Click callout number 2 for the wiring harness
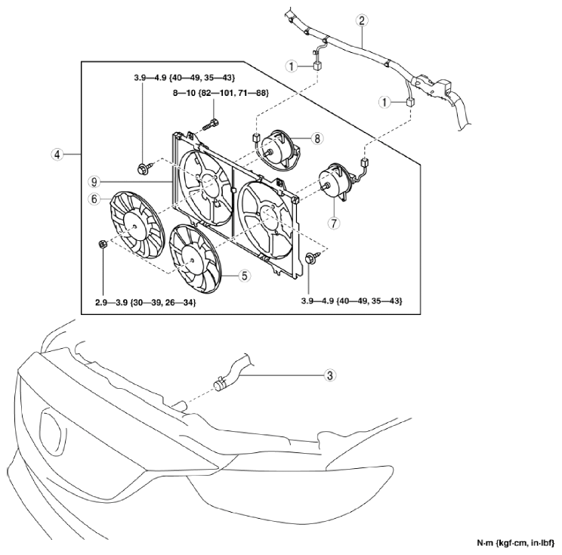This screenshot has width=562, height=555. tap(362, 20)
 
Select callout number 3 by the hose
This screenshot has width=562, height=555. tap(330, 375)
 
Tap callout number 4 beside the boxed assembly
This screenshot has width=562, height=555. tap(57, 155)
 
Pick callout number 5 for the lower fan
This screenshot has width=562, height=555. tap(245, 276)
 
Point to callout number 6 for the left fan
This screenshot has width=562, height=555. tap(94, 199)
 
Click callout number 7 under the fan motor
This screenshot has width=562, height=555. tap(334, 224)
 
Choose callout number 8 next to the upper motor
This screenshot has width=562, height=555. tap(317, 138)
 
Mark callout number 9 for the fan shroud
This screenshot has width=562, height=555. tap(94, 182)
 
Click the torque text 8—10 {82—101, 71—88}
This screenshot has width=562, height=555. tap(221, 93)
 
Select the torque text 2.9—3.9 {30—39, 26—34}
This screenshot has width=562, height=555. tap(146, 303)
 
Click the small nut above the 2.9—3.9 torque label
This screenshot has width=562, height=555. tap(102, 245)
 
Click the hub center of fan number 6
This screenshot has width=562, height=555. tap(134, 226)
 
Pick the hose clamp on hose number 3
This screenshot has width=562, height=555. tap(219, 385)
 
